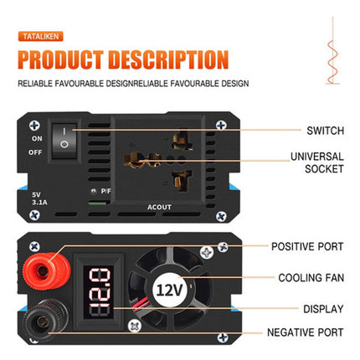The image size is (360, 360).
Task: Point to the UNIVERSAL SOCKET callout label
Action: pyautogui.click(x=316, y=162)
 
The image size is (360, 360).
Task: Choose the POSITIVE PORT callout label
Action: pyautogui.click(x=306, y=246)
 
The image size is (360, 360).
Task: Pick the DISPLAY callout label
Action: pyautogui.click(x=322, y=308)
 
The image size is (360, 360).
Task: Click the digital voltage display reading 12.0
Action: pyautogui.click(x=97, y=291)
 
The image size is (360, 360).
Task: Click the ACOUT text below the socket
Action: pyautogui.click(x=159, y=205)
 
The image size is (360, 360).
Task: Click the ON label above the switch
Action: pyautogui.click(x=36, y=137)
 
